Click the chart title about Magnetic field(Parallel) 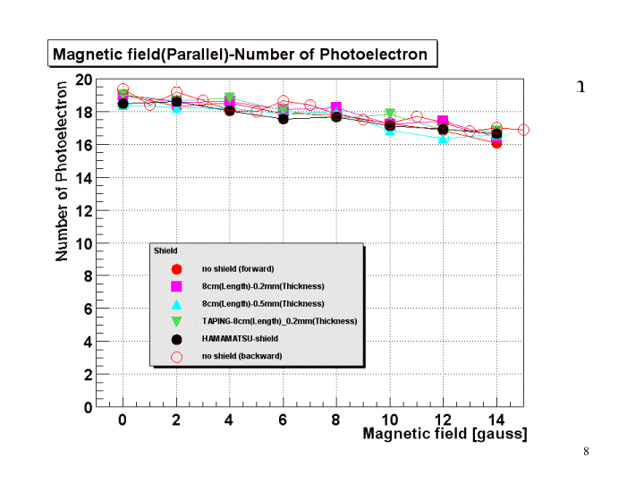click(240, 54)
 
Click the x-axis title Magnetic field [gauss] click(445, 434)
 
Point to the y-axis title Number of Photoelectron click(62, 172)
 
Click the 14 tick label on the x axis click(496, 419)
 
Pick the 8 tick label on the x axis click(336, 419)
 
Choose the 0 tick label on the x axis click(123, 419)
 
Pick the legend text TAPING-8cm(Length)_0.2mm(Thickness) click(279, 321)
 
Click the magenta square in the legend click(176, 286)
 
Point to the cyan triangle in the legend click(176, 304)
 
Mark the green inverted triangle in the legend click(176, 321)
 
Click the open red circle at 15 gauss click(523, 130)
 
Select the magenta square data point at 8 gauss click(336, 108)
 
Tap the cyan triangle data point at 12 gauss click(443, 138)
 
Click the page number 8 click(586, 451)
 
